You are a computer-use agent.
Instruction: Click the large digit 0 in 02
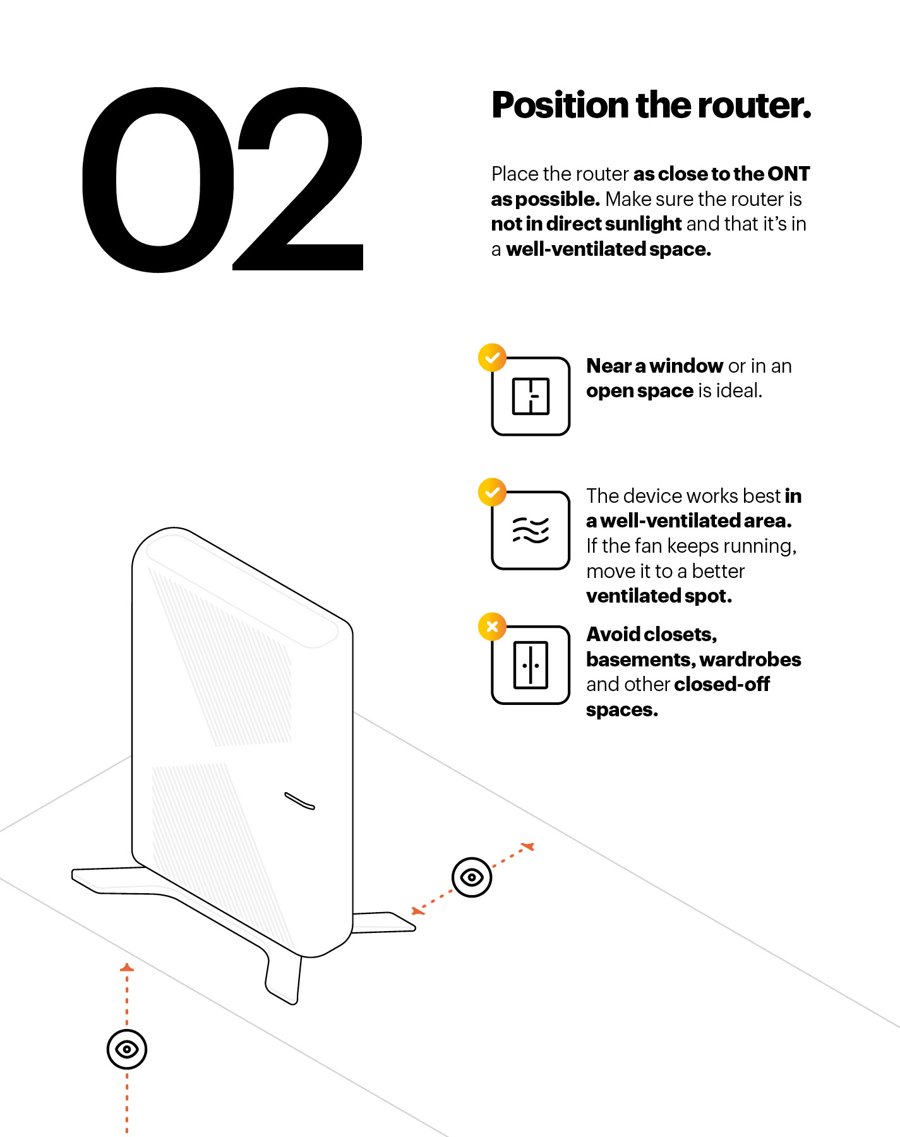pos(158,180)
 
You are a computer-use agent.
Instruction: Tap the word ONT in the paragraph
pos(788,174)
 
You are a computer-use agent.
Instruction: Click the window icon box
pos(531,396)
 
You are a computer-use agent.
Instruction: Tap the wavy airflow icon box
pos(531,530)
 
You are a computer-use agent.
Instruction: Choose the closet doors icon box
pos(531,665)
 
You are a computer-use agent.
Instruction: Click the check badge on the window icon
pos(492,358)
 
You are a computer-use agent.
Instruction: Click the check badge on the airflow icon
pos(492,492)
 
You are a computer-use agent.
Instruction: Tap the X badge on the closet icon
pos(492,627)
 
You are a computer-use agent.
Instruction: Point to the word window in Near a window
pos(687,366)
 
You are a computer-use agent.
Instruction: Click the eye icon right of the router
pos(472,877)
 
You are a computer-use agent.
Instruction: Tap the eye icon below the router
pos(127,1049)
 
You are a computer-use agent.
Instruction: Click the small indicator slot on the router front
pos(299,800)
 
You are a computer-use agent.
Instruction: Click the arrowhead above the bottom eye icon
pos(127,967)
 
